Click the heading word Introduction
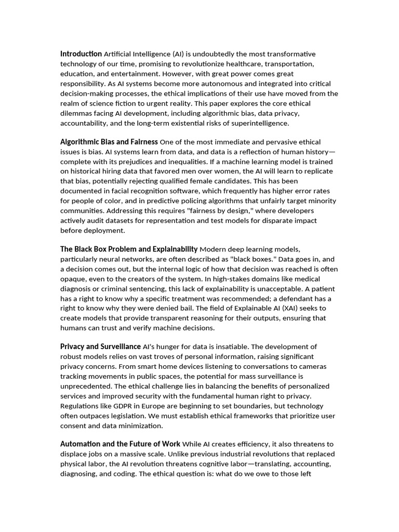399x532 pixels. [x=81, y=54]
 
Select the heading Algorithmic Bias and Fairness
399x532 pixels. [x=109, y=142]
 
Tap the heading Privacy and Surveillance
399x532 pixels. [x=100, y=347]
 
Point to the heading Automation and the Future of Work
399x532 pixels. [x=120, y=444]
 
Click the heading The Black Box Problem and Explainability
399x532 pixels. [x=129, y=249]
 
